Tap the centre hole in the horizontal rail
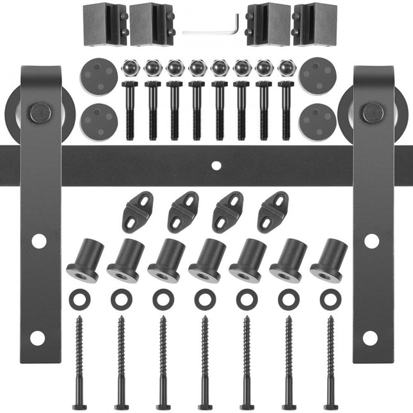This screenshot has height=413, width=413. pyautogui.click(x=216, y=165)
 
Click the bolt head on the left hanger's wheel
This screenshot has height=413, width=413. pyautogui.click(x=41, y=113)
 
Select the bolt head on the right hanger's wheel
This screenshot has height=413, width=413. pyautogui.click(x=372, y=113)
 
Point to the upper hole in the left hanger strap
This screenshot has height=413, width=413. pyautogui.click(x=39, y=241)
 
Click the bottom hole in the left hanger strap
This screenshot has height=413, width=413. pyautogui.click(x=37, y=337)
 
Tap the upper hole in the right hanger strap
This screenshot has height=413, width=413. pyautogui.click(x=371, y=241)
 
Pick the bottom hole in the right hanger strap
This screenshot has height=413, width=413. pyautogui.click(x=370, y=337)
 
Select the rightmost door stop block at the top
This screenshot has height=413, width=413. pyautogui.click(x=315, y=24)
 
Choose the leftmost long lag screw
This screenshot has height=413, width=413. pyautogui.click(x=79, y=362)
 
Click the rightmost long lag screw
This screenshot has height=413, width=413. pyautogui.click(x=331, y=362)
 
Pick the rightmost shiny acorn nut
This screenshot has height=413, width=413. pyautogui.click(x=286, y=67)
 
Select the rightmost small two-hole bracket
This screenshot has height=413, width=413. pyautogui.click(x=273, y=211)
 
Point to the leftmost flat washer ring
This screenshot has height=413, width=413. pyautogui.click(x=80, y=298)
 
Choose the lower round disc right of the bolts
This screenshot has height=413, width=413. pyautogui.click(x=318, y=120)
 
